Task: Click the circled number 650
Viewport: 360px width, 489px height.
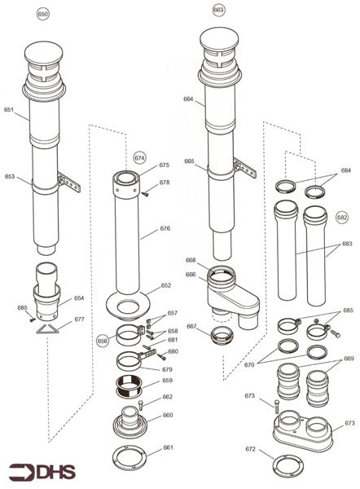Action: point(43,15)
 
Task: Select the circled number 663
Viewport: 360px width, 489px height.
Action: point(217,9)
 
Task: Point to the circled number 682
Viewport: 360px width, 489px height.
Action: point(342,217)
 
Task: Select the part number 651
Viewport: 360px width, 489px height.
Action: point(9,109)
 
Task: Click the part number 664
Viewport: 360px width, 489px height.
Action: point(188,99)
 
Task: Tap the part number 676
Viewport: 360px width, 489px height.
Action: point(165,229)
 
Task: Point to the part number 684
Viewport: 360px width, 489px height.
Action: point(346,171)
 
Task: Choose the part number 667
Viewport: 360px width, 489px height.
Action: point(191,326)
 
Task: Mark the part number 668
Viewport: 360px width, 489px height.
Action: point(190,261)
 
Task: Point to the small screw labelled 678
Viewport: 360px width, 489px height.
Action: point(146,193)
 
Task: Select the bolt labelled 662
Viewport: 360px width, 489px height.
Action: point(141,403)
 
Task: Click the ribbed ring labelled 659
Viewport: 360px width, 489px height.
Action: point(130,382)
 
